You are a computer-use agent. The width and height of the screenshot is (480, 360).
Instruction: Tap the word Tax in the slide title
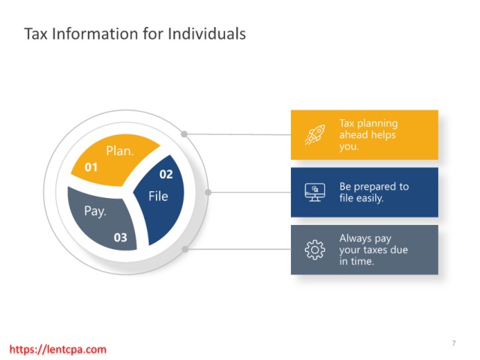[35, 34]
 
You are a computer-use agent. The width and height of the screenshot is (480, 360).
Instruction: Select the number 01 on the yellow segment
[91, 167]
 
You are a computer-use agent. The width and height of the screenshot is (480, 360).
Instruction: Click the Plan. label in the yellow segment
[120, 151]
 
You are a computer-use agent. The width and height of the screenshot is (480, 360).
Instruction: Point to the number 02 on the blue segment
[166, 175]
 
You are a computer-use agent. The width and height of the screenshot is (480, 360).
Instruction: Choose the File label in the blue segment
[158, 196]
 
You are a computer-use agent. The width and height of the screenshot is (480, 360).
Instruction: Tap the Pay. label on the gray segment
[95, 211]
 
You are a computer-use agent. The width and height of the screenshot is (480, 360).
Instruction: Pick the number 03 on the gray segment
[120, 238]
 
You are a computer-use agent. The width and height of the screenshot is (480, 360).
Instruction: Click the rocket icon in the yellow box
[315, 134]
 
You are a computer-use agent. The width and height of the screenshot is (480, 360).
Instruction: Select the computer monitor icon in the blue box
[315, 192]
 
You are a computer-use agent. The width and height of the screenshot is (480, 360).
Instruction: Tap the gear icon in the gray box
[315, 250]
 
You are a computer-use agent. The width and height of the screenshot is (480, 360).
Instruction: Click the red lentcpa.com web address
[58, 349]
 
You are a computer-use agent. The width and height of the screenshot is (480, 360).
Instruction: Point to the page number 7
[454, 343]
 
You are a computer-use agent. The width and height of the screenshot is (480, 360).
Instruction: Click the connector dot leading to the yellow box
[184, 134]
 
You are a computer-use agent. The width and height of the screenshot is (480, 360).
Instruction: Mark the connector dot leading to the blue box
[208, 192]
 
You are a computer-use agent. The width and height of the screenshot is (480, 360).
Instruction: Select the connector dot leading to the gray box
[185, 249]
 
